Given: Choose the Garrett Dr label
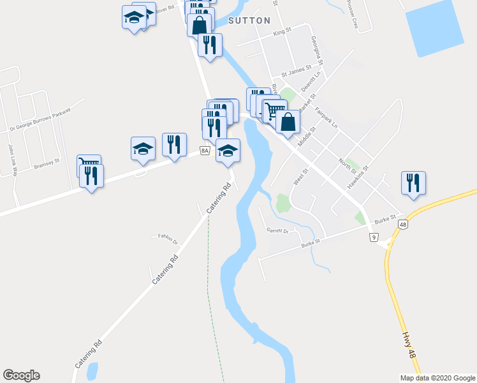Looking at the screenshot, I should point(278,230).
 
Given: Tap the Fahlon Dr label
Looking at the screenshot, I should point(167,237).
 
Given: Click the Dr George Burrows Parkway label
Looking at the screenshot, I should point(40,119).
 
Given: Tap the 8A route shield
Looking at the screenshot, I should point(204,151).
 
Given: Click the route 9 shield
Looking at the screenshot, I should point(372,237).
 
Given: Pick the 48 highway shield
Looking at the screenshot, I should point(403,225).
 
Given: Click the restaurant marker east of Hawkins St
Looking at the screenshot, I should point(413,183).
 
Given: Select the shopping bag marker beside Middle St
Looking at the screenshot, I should point(288,122).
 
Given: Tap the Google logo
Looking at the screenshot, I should point(21,375).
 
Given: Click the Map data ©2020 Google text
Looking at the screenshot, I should point(437,377).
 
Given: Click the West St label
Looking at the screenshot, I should point(300,177).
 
